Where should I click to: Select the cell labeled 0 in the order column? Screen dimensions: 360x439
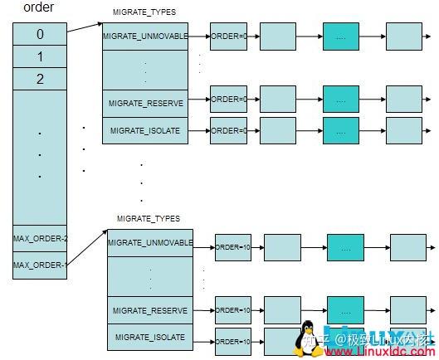pos(40,35)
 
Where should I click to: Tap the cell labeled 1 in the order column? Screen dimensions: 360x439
pos(40,57)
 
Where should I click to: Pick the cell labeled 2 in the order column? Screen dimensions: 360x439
pos(40,79)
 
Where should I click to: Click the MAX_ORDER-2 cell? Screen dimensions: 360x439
pos(40,239)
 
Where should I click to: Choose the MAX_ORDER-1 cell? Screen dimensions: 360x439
pos(40,265)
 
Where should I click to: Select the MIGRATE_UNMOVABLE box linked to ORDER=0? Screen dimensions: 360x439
pos(145,37)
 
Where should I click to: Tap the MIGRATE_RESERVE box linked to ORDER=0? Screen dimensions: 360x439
pos(145,104)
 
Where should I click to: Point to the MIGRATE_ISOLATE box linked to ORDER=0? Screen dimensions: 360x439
pos(145,131)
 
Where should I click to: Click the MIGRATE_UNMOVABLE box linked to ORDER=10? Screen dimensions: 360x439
pos(150,243)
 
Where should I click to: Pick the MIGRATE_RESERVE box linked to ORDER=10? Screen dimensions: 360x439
pos(150,310)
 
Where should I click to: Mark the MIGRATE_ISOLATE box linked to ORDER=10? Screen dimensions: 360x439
pos(150,337)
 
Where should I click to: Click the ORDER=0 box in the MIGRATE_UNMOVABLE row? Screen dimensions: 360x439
pos(228,36)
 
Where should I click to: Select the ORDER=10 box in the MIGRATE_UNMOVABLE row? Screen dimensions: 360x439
pos(233,246)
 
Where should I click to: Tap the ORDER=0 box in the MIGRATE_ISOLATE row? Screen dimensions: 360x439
pos(228,130)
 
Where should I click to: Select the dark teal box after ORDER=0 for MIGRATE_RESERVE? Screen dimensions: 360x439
pos(339,99)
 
